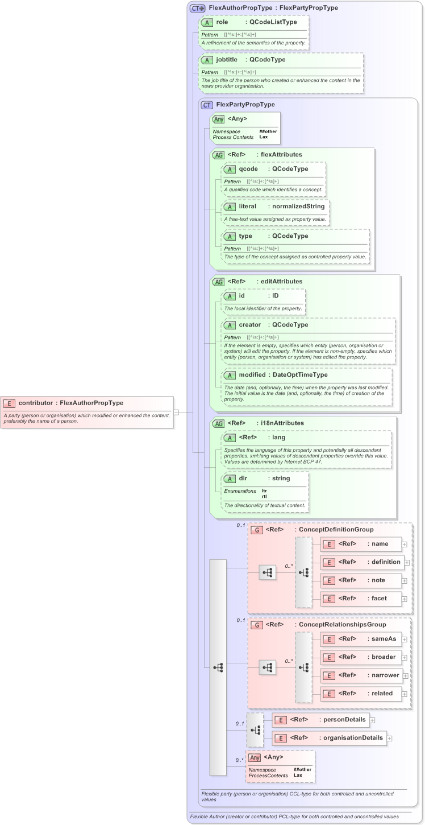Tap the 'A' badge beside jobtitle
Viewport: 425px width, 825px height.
(x=207, y=60)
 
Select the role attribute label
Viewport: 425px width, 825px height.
(x=222, y=22)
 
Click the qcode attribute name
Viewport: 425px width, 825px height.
(x=248, y=168)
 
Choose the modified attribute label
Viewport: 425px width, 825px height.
(x=252, y=375)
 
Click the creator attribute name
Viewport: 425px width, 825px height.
(x=249, y=325)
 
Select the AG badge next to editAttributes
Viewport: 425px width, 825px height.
(x=218, y=282)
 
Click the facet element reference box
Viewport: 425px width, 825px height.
(x=361, y=599)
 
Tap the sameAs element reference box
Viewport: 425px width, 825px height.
(x=361, y=639)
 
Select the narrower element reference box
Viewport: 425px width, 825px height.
(x=361, y=675)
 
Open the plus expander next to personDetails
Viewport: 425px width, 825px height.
(x=373, y=720)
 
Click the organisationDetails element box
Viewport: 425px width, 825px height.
(x=329, y=739)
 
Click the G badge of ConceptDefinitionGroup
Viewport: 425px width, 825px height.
(x=257, y=530)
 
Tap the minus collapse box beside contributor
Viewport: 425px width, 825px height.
(x=176, y=412)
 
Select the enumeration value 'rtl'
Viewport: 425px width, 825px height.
(x=265, y=496)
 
